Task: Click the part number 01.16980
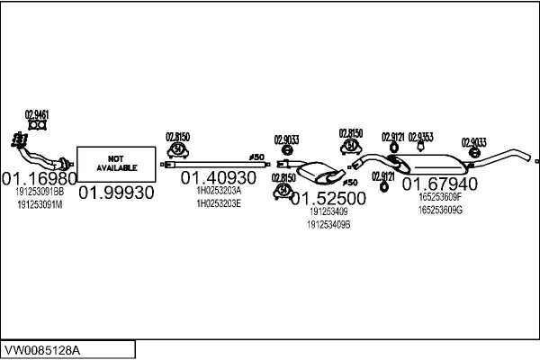click(x=38, y=177)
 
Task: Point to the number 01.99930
click(x=116, y=192)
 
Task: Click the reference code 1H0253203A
click(x=218, y=191)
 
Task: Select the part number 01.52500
click(x=328, y=198)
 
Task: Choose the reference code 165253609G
click(x=439, y=210)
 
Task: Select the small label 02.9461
click(x=37, y=115)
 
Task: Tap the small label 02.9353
click(x=420, y=137)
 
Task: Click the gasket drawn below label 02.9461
click(x=37, y=127)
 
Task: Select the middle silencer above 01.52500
click(x=316, y=172)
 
